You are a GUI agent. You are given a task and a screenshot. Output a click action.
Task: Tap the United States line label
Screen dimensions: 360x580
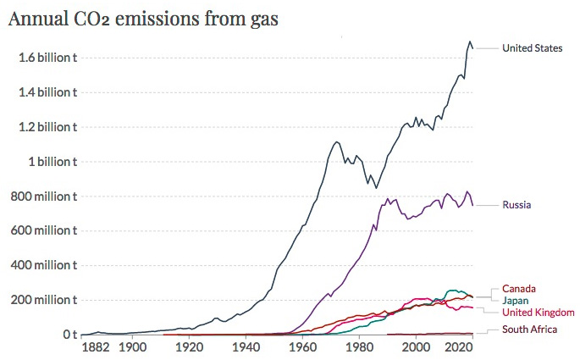tap(532, 48)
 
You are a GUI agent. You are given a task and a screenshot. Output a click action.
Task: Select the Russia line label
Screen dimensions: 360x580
tap(516, 204)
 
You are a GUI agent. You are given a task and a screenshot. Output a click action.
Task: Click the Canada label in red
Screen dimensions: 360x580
tap(519, 288)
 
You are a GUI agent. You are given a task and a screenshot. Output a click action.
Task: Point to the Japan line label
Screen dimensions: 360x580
tap(516, 301)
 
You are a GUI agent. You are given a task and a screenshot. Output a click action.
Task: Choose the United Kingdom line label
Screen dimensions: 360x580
tap(537, 313)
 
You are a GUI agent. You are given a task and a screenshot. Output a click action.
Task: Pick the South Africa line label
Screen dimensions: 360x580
tap(530, 330)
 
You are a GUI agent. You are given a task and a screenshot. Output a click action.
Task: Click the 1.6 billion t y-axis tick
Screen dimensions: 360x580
tap(48, 57)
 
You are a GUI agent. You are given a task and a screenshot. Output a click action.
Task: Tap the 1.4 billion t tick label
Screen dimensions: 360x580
tap(48, 91)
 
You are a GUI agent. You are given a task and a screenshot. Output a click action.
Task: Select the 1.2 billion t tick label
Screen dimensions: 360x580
tap(48, 127)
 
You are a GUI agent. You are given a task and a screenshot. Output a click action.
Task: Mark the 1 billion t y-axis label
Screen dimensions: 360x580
tap(52, 162)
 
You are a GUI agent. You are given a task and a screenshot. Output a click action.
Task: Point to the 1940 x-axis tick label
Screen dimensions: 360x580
tap(247, 347)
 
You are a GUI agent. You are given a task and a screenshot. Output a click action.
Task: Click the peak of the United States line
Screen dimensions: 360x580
tap(470, 42)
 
